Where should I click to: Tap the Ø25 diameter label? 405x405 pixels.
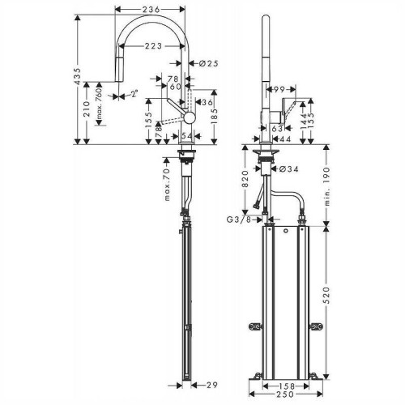coord(204,63)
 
